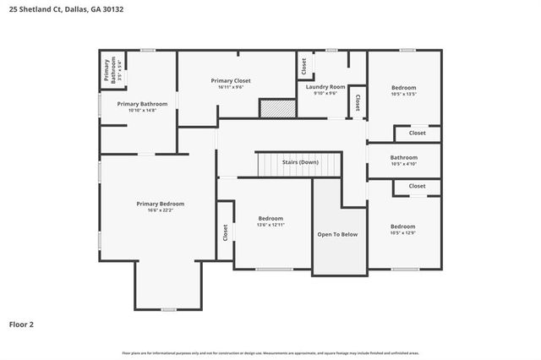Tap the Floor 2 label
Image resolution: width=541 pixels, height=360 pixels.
(22, 324)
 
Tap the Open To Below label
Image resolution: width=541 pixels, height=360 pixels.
(338, 234)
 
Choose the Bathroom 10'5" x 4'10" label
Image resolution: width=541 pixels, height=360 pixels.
(403, 161)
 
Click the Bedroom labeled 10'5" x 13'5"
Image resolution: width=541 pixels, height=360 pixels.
(403, 91)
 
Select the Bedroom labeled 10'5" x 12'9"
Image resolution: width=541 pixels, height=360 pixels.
(403, 229)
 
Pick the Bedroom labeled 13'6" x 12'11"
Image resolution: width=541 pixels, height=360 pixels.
(270, 221)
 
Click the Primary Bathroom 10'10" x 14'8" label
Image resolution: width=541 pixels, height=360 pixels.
(142, 107)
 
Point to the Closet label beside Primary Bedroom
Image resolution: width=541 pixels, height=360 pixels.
(226, 232)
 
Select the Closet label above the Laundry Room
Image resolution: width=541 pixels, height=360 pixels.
(303, 65)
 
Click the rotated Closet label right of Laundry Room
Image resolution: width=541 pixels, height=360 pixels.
(358, 101)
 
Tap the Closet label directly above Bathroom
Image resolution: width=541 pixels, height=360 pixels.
(418, 134)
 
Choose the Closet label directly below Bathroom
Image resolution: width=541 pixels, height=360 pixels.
(418, 186)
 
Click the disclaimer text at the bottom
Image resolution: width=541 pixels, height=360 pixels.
(270, 352)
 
